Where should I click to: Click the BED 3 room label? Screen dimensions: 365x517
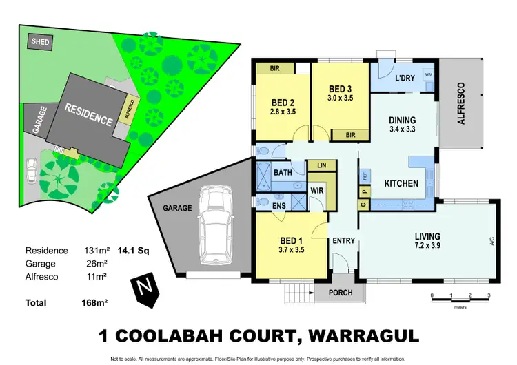click(341, 89)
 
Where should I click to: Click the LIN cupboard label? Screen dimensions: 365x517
click(321, 165)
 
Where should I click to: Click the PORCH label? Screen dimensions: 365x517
click(336, 293)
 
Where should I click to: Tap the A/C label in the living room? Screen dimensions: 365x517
click(491, 241)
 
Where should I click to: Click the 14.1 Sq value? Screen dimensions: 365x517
click(132, 251)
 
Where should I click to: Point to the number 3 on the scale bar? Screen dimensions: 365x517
click(488, 295)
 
